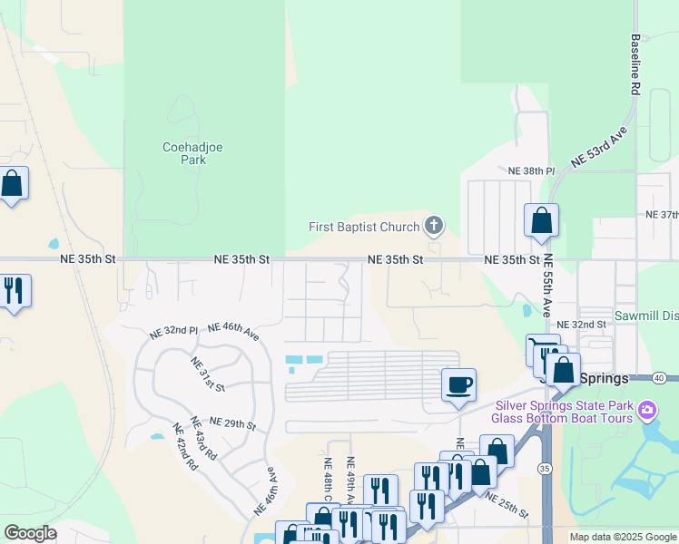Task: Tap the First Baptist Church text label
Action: (364, 227)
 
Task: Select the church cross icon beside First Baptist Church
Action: (434, 226)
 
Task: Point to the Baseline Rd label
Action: (636, 65)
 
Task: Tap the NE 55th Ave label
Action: (547, 296)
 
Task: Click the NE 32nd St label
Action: (581, 325)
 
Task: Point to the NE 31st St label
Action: (208, 374)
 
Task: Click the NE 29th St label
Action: (234, 423)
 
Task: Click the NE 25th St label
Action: (507, 506)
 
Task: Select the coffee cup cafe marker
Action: (458, 384)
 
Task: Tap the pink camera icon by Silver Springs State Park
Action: (646, 411)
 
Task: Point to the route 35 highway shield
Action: (544, 468)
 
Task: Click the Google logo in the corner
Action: (30, 533)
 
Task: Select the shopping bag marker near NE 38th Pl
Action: (541, 220)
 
